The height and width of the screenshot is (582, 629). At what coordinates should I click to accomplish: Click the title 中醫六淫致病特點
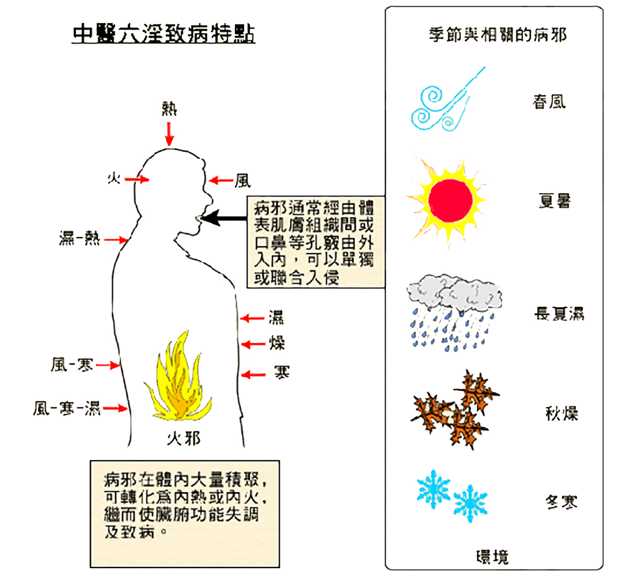click(164, 34)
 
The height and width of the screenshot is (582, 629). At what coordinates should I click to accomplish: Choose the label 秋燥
click(562, 414)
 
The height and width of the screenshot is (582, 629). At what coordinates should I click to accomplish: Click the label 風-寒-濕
click(66, 409)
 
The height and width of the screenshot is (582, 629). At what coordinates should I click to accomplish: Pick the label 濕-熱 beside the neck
click(80, 239)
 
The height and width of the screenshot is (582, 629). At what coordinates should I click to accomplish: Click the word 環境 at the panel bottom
click(492, 557)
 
